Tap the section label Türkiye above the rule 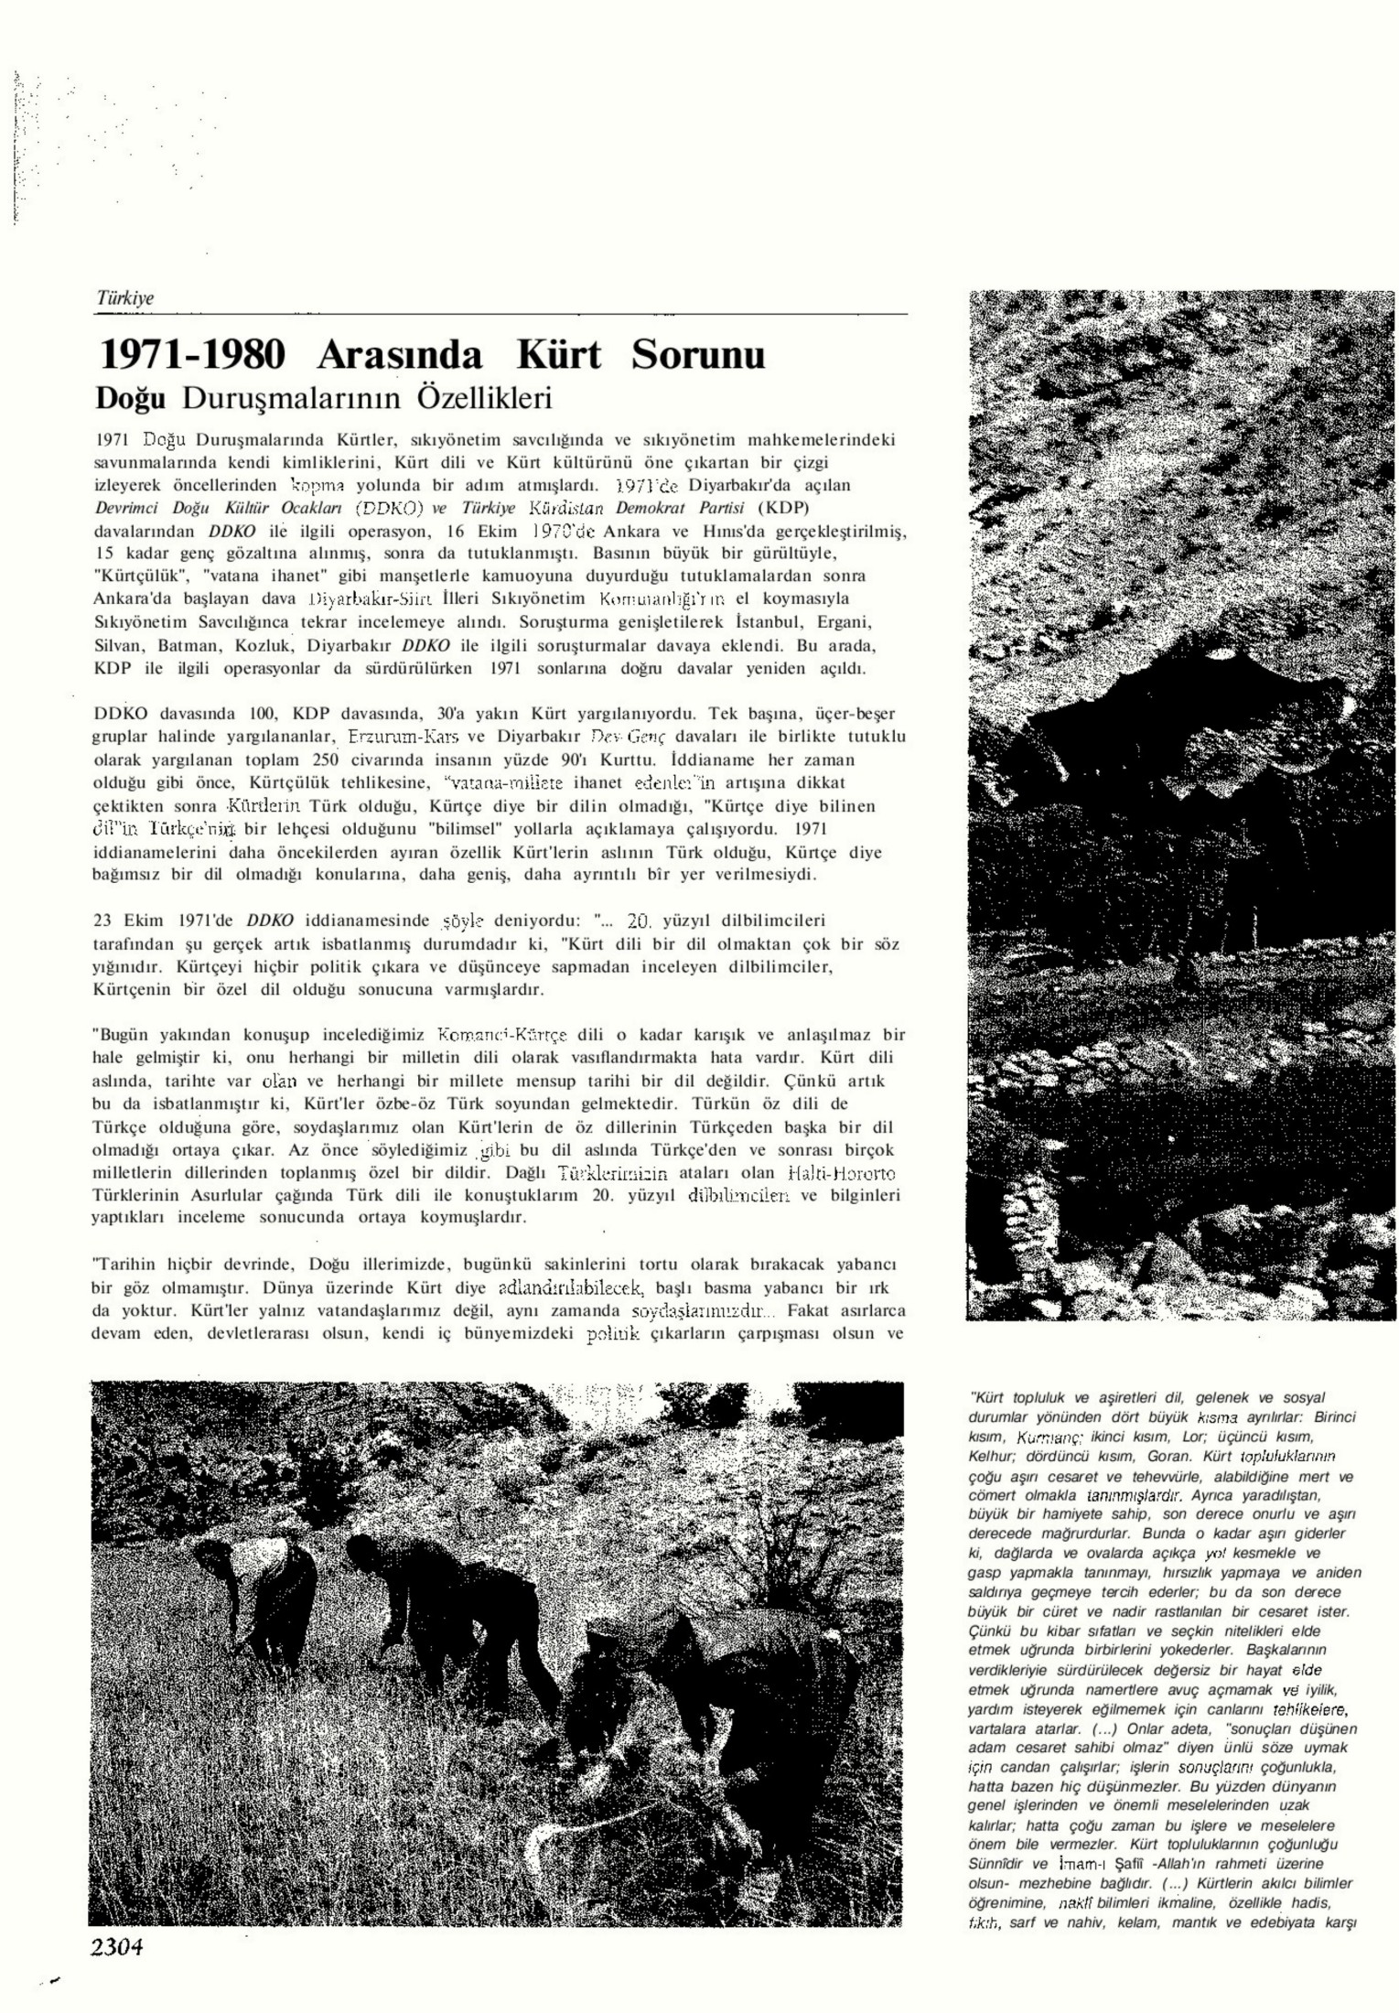125,298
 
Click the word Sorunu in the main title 697,355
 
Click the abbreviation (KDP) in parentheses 786,508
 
